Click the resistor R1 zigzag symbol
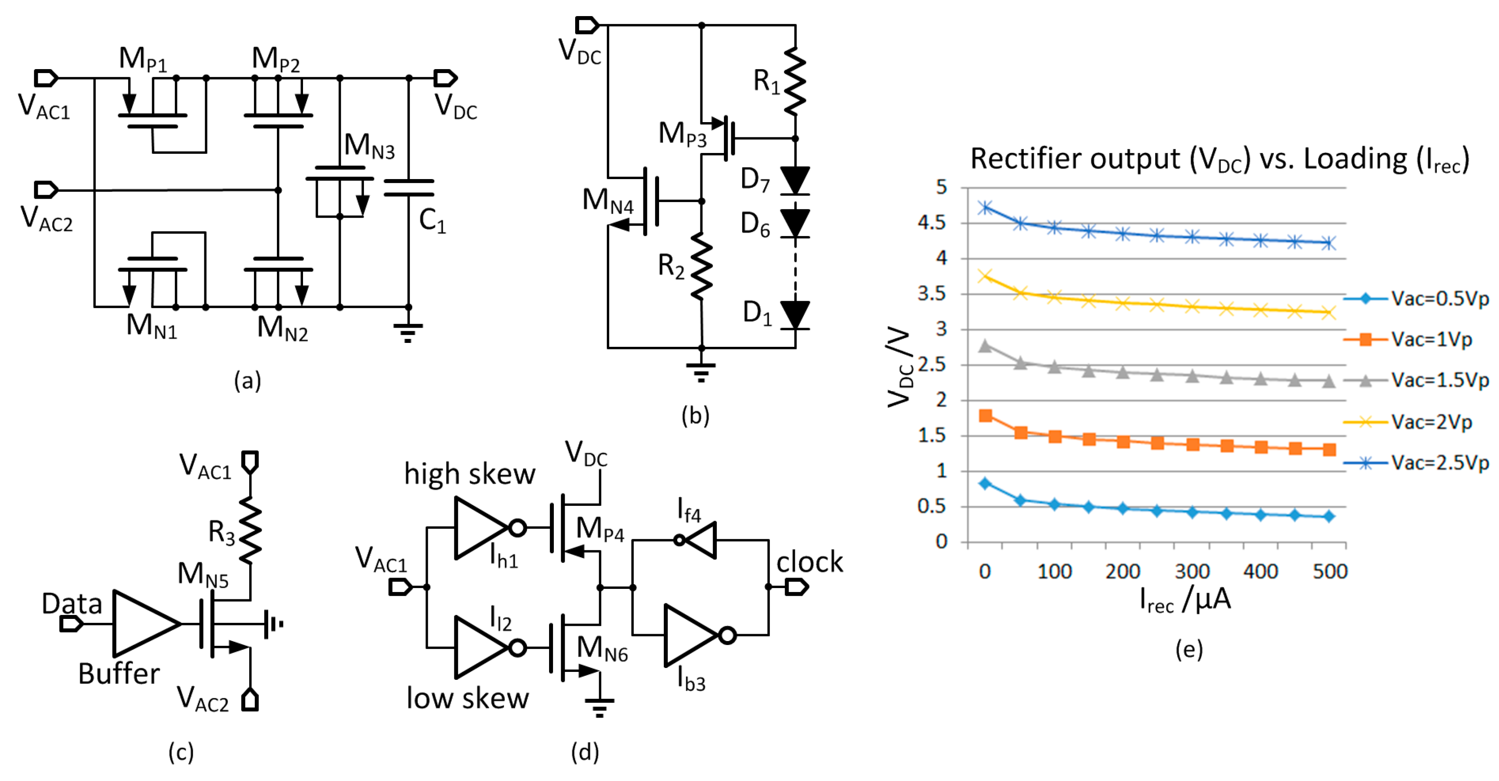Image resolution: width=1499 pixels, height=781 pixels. pyautogui.click(x=795, y=81)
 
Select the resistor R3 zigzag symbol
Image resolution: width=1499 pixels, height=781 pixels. pyautogui.click(x=250, y=530)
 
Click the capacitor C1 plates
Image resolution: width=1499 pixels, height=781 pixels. pyautogui.click(x=409, y=188)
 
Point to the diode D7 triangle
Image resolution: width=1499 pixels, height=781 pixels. pyautogui.click(x=795, y=179)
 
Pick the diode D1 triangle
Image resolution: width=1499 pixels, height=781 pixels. pyautogui.click(x=795, y=315)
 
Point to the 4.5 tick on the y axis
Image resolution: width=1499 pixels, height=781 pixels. pyautogui.click(x=932, y=223)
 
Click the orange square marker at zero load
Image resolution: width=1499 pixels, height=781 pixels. pyautogui.click(x=985, y=415)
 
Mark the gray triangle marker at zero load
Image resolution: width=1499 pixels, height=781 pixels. pyautogui.click(x=985, y=346)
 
